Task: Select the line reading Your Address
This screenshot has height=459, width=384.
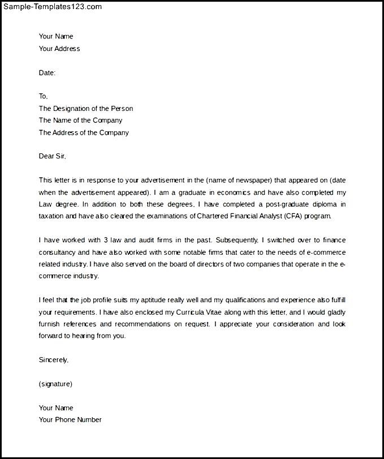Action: [59, 49]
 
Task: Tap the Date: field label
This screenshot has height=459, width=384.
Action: [47, 73]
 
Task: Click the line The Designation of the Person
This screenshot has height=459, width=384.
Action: [86, 108]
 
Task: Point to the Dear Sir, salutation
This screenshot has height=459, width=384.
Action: [56, 156]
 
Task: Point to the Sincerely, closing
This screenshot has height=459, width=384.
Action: [53, 360]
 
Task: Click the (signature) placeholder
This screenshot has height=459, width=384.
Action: [55, 384]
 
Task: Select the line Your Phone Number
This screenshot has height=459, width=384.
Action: [70, 420]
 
